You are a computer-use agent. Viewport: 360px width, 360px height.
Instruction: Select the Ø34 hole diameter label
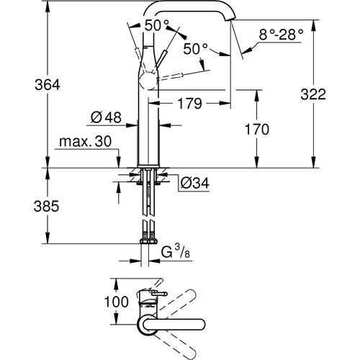194,184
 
